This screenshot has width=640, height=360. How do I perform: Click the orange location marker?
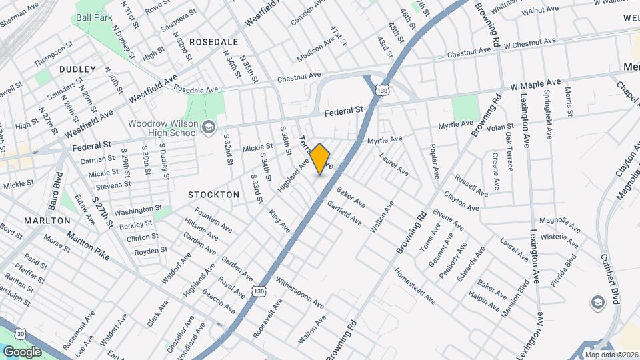[321, 159]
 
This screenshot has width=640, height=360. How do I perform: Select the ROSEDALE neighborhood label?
[214, 41]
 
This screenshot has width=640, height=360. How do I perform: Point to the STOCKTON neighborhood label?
[213, 195]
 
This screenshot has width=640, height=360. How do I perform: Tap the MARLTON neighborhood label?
[47, 220]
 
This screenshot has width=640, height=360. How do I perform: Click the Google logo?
[22, 351]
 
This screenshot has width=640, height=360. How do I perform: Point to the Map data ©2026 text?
[611, 355]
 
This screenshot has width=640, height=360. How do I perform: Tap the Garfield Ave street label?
[344, 213]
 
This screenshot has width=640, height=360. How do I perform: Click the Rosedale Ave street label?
[196, 89]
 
